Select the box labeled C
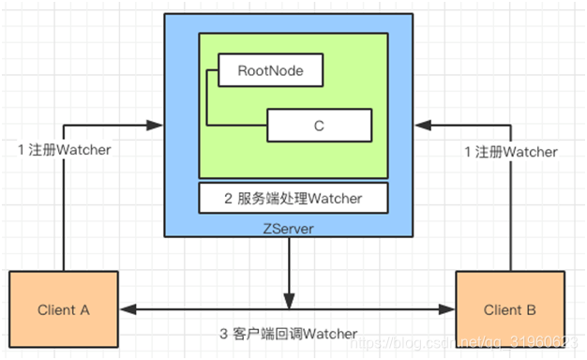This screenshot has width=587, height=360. click(x=320, y=125)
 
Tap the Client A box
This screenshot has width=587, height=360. click(x=64, y=309)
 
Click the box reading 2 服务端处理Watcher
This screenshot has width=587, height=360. click(x=292, y=198)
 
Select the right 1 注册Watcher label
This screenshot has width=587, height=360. click(x=512, y=152)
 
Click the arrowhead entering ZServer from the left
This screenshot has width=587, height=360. click(x=158, y=124)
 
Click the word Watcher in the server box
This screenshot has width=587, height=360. click(x=335, y=198)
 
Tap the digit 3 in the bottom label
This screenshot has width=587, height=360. click(x=223, y=335)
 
